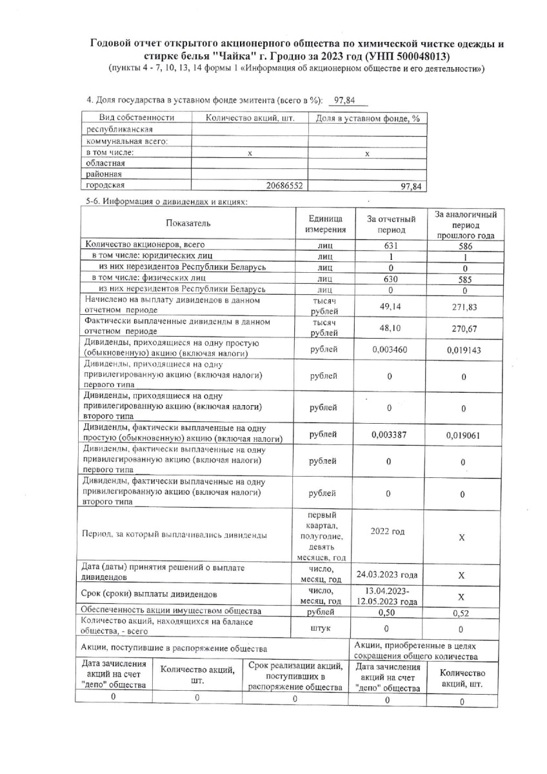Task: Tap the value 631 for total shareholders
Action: pos(390,246)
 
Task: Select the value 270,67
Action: pos(464,328)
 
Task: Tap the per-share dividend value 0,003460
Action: pos(390,349)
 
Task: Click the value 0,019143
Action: pos(464,350)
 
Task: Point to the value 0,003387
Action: pos(390,434)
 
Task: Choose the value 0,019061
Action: pos(464,435)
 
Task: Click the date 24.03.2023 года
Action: pos(387,575)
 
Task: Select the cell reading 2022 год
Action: pos(388,531)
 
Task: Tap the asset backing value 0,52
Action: pos(461,613)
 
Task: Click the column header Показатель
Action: pos(188,223)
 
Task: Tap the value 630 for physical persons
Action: pos(390,279)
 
